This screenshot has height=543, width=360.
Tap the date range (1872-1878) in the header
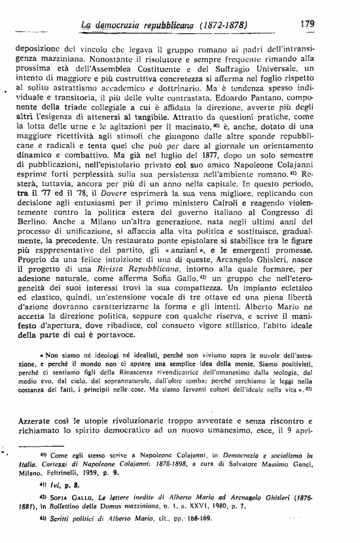point(223,24)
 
